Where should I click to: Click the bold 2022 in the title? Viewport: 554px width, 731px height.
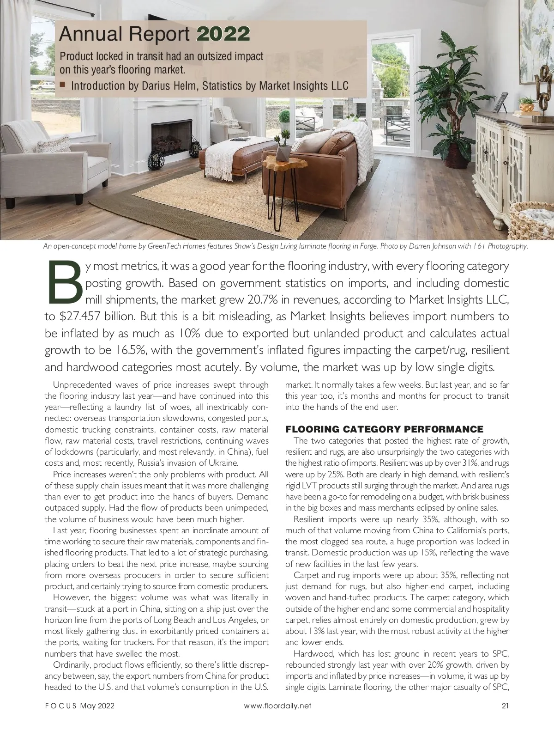click(223, 34)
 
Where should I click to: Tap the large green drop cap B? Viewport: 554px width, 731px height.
click(64, 282)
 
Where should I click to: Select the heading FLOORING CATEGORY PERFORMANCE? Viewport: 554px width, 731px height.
click(384, 429)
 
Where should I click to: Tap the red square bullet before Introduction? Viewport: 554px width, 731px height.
click(63, 85)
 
